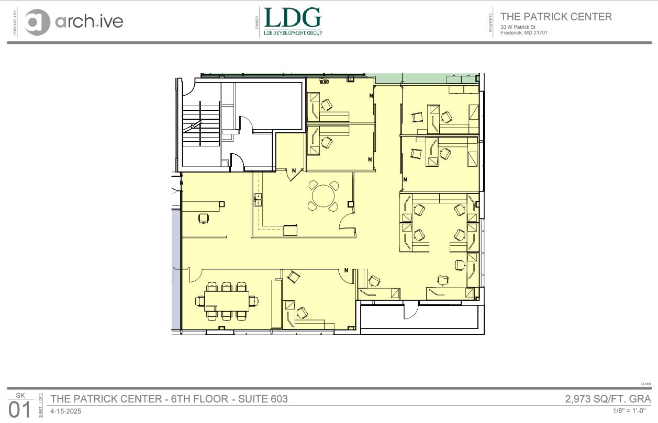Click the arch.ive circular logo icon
coord(37,22)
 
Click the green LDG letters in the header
coord(293,18)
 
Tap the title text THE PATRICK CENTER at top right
coord(556,17)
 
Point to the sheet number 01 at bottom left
coord(20,409)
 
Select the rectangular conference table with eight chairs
coord(227,301)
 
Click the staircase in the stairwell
coord(200,125)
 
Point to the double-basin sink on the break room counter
coord(258,199)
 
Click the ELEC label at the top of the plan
coord(324,82)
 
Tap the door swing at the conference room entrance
coord(194,273)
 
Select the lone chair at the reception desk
coord(203,218)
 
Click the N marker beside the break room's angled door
coord(294,170)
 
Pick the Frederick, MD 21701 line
coord(524,32)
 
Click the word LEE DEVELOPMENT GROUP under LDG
coord(293,32)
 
